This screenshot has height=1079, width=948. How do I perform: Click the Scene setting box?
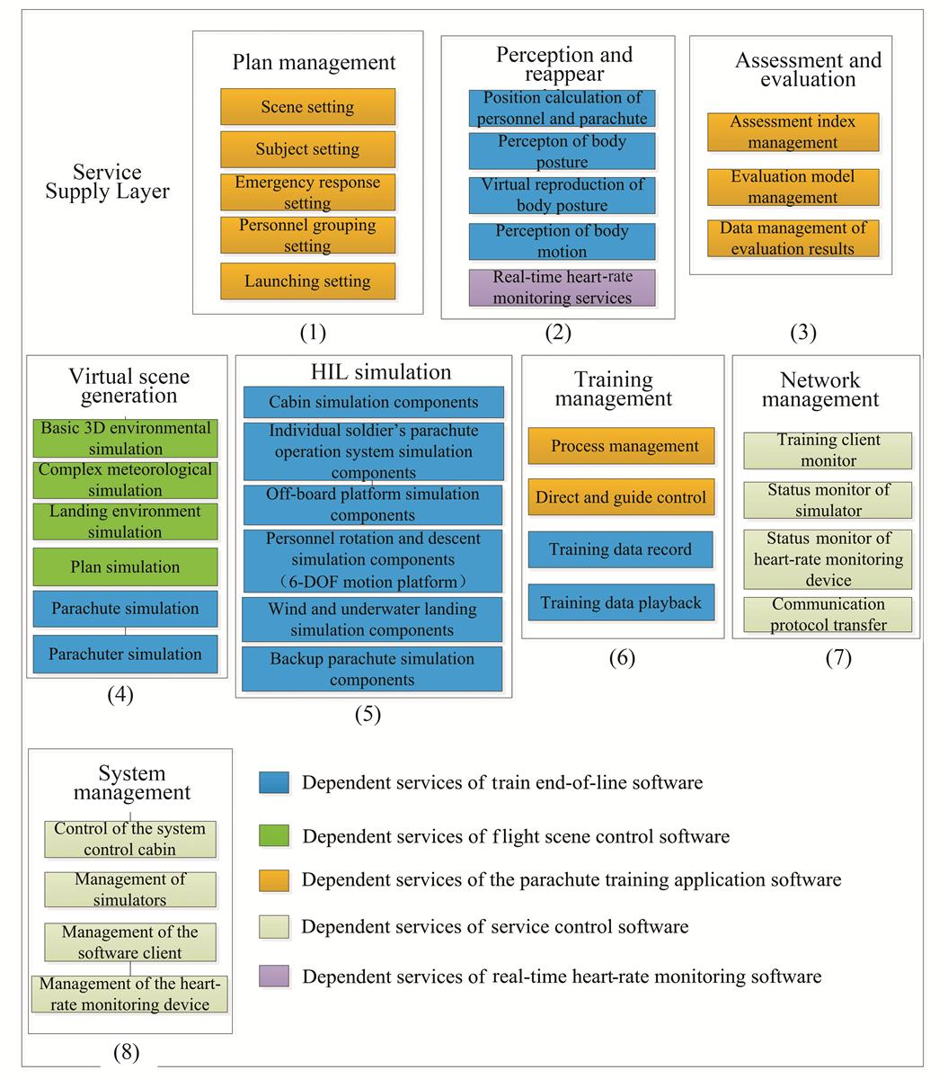click(x=307, y=106)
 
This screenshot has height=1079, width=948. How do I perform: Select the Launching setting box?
click(x=307, y=281)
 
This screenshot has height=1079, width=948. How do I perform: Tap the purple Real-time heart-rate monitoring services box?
click(x=563, y=288)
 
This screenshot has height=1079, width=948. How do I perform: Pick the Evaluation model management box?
click(x=793, y=187)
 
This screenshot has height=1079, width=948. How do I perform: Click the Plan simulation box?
click(x=125, y=566)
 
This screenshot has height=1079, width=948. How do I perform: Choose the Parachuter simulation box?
click(x=125, y=654)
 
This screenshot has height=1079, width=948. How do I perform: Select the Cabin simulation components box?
click(x=374, y=402)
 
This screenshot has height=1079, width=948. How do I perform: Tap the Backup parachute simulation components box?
click(x=372, y=669)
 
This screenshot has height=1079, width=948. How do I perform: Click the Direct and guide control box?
click(x=621, y=497)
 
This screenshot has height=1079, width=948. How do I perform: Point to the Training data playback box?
click(x=621, y=602)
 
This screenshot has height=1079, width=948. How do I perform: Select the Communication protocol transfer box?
click(x=828, y=615)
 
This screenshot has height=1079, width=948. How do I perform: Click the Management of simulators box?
click(x=130, y=889)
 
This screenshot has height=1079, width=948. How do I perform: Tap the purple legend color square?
click(x=274, y=976)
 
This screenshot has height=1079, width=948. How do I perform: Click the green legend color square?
click(x=274, y=835)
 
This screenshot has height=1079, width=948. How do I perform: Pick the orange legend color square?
click(x=274, y=880)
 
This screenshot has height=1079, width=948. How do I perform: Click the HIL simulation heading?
click(x=381, y=371)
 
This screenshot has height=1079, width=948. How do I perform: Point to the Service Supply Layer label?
click(x=108, y=182)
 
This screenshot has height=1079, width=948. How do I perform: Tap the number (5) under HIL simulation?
click(x=368, y=714)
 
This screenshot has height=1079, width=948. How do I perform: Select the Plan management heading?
click(x=314, y=62)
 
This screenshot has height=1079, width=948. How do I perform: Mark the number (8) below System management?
click(x=127, y=1052)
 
